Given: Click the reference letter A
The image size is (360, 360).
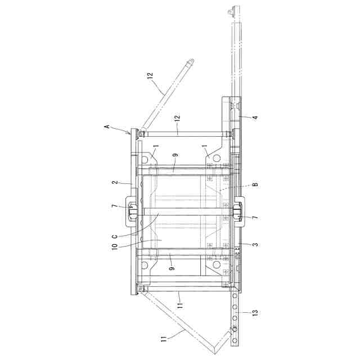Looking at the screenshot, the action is click(107, 127).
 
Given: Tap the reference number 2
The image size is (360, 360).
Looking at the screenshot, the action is click(115, 182).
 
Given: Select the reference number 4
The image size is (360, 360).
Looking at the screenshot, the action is click(255, 118).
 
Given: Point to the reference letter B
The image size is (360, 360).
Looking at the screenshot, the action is click(255, 184).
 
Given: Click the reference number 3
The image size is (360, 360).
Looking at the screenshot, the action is click(255, 245).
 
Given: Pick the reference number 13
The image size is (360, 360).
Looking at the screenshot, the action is click(255, 312).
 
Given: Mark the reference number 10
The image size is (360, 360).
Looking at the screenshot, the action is click(115, 246).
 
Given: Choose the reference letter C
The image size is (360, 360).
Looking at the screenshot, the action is click(115, 236).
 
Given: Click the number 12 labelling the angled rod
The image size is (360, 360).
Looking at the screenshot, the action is click(150, 75).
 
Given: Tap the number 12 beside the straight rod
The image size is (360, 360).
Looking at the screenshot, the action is click(177, 118).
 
